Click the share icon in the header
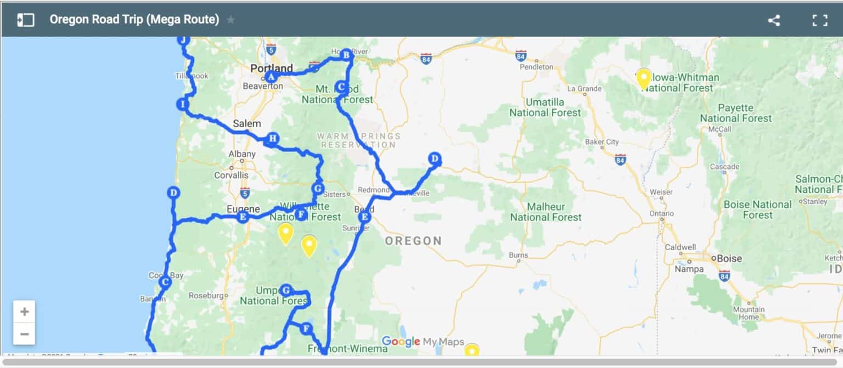coord(774,21)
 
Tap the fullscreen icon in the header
coord(819,21)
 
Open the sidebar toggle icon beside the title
coord(25,20)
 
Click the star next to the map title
coord(231,20)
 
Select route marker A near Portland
coord(271,78)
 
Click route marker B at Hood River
coord(346,54)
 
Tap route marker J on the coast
coord(183,40)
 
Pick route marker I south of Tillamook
coord(183,104)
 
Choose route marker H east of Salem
coord(271,138)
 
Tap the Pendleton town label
coord(536,67)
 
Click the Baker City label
coord(602,142)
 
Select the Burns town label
coord(518,255)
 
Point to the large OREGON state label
coord(413,241)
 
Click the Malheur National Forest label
coord(546,212)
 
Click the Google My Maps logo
coord(423,342)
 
